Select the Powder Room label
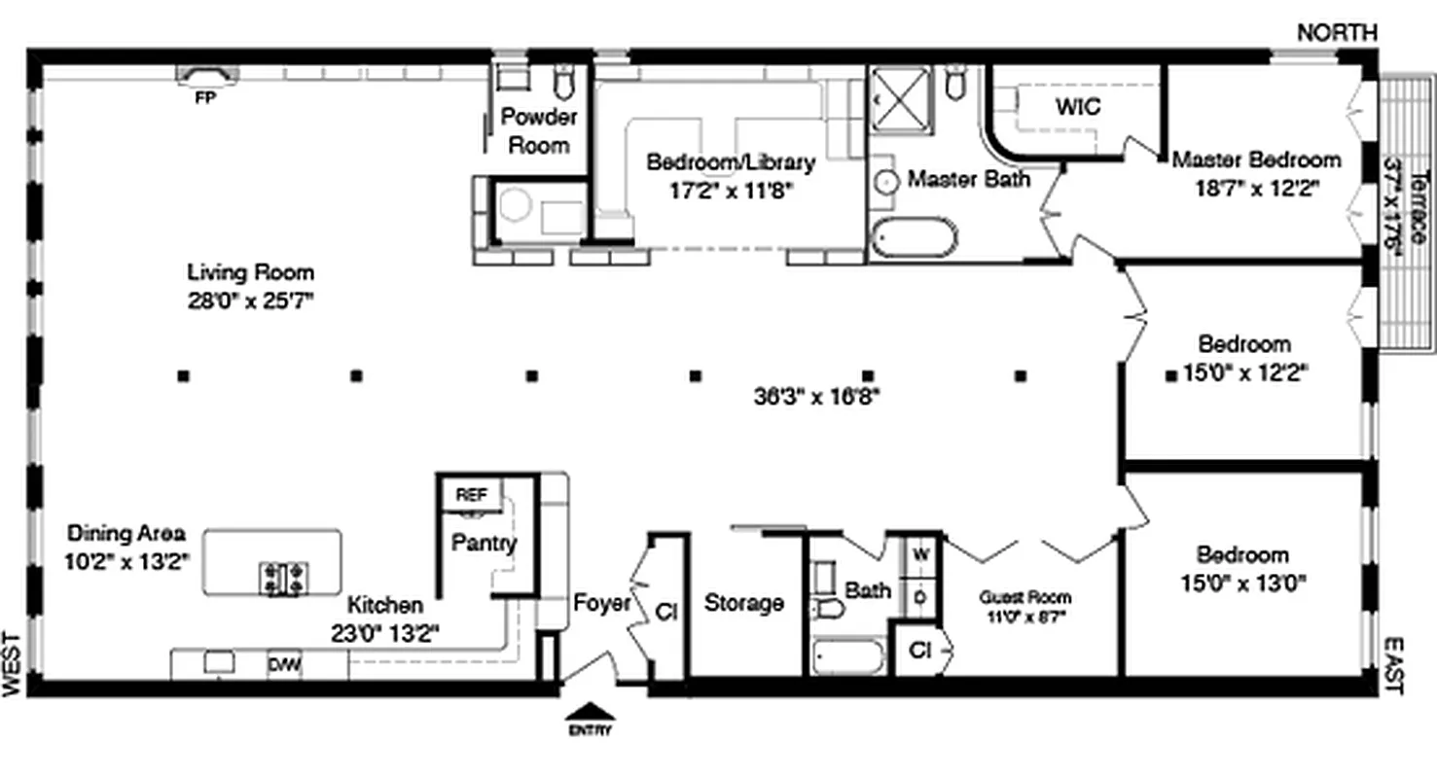coord(539,131)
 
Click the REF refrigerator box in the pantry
coord(471,495)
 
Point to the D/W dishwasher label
coord(284,665)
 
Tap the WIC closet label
coord(1078,106)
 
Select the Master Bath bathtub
coord(914,237)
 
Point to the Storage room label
coord(743,603)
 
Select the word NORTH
coord(1337,32)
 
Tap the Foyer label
coord(601,603)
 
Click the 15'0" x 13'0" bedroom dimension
coord(1242,583)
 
